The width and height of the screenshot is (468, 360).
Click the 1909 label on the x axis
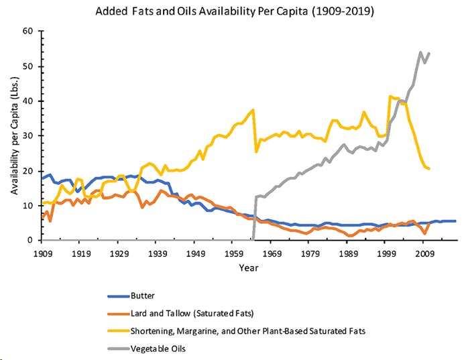pyautogui.click(x=42, y=255)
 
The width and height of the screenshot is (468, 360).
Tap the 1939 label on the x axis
pyautogui.click(x=158, y=255)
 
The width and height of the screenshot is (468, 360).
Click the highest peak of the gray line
pyautogui.click(x=420, y=52)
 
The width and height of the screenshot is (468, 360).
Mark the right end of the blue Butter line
pyautogui.click(x=456, y=221)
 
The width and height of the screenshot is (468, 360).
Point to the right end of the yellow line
pyautogui.click(x=429, y=168)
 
